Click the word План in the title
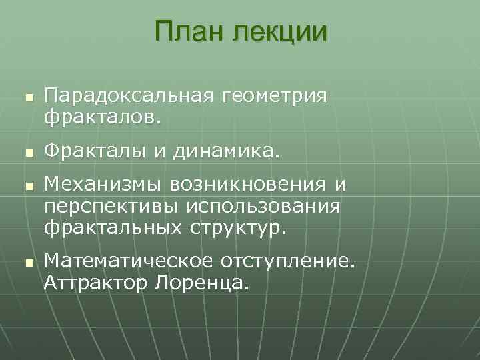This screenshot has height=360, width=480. point(189,32)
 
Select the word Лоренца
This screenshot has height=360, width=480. point(201,285)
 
